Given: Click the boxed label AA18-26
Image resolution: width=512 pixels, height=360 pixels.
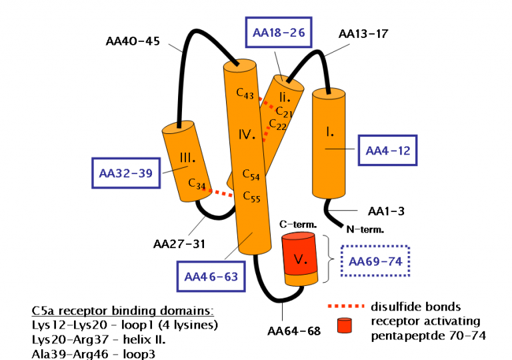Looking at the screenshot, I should coord(279,31).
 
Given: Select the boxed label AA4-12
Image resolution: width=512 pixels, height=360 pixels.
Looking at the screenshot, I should coord(387,150).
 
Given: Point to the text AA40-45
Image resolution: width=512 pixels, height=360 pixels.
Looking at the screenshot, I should coord(133,41).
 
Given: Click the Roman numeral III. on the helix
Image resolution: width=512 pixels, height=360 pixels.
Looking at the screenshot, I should coord(187,159).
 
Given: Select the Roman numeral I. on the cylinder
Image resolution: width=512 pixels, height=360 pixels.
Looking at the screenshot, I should coord(329,132).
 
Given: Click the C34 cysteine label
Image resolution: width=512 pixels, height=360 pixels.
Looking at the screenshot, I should coord(195,182).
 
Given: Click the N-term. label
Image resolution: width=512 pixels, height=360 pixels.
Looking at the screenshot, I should coord(365,229).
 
